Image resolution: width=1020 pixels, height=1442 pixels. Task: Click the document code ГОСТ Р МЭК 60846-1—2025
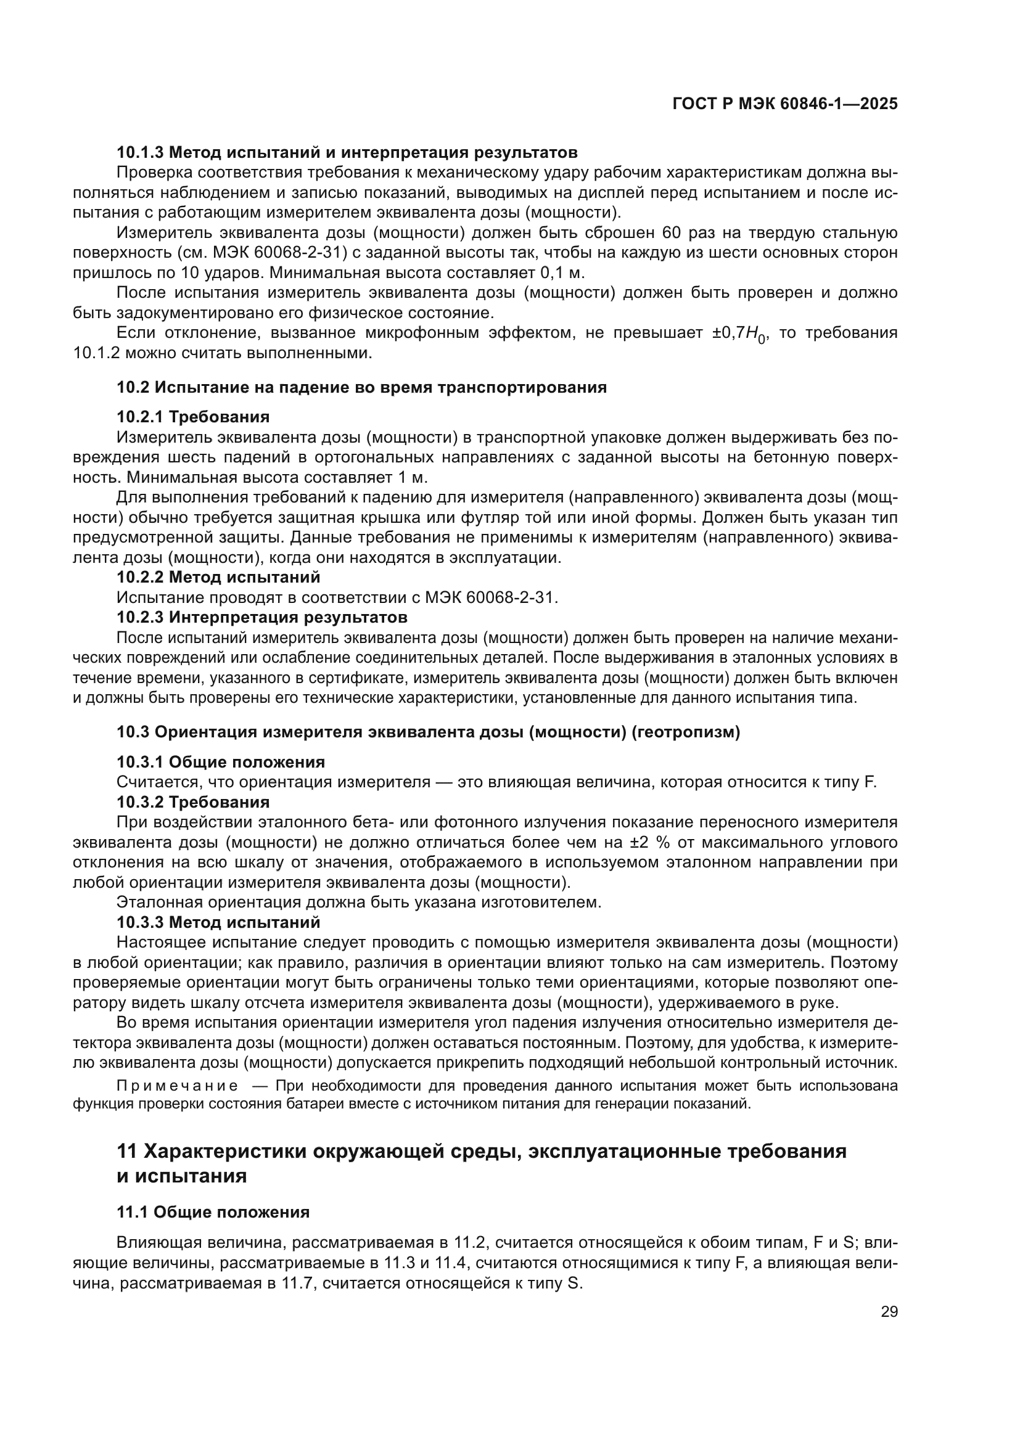click(784, 104)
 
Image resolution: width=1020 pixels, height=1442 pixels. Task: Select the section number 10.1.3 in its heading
click(140, 152)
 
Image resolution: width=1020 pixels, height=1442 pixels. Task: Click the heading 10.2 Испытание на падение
click(362, 387)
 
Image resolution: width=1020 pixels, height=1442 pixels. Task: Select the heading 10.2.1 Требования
click(193, 416)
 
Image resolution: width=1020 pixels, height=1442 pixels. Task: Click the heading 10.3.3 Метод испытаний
click(218, 923)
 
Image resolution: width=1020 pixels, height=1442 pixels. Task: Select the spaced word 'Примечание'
click(177, 1086)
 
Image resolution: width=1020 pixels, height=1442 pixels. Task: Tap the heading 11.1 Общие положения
click(213, 1212)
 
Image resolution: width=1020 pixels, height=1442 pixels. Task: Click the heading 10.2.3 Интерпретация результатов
click(262, 617)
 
